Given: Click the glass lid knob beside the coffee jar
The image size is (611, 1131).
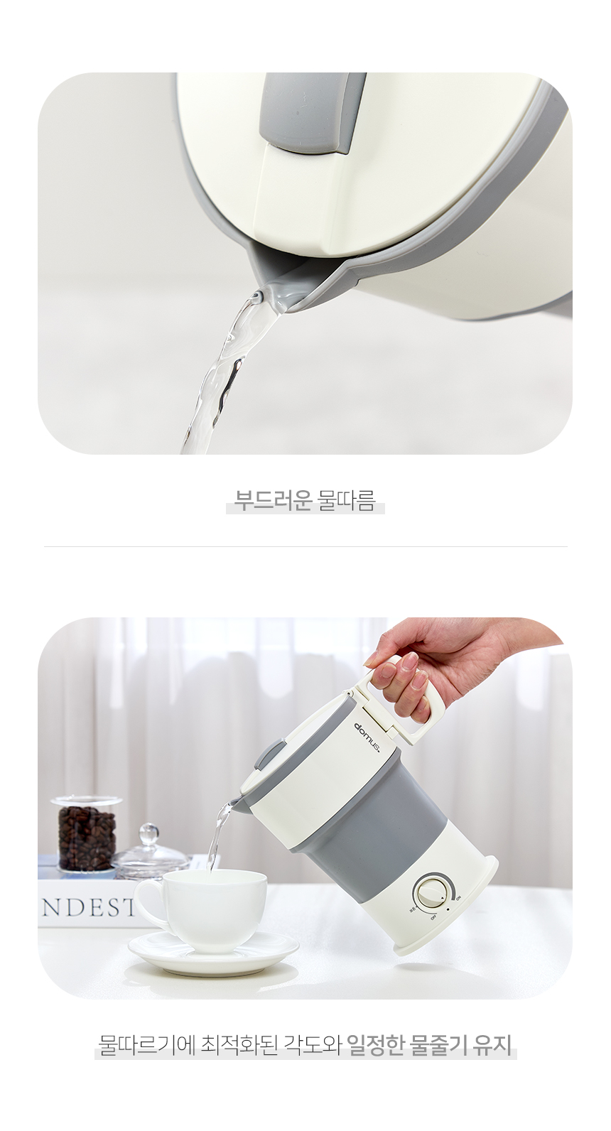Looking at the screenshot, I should tap(148, 833).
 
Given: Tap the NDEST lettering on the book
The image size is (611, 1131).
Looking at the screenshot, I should tap(87, 908).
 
